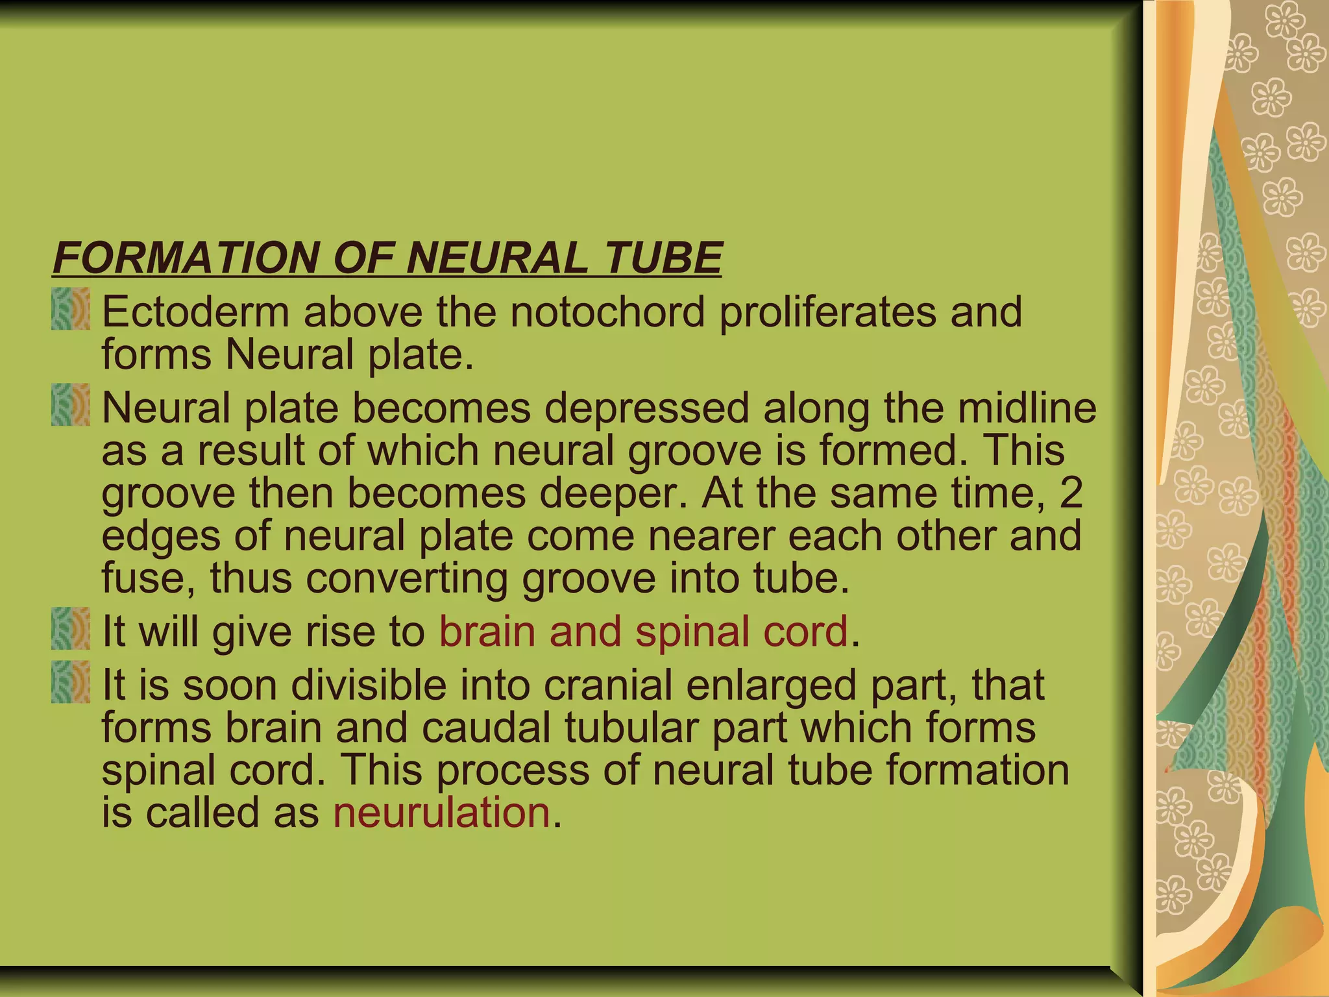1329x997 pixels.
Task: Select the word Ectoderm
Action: coord(195,312)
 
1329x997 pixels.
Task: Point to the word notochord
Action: coord(607,312)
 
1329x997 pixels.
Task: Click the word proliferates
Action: coord(828,313)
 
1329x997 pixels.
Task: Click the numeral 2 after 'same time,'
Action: coord(1071,492)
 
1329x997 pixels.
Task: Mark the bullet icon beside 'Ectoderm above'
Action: coord(71,310)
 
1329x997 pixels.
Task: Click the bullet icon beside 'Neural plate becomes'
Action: coord(71,405)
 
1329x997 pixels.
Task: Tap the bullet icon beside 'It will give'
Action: coord(71,628)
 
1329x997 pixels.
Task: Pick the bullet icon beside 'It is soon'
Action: coord(71,682)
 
